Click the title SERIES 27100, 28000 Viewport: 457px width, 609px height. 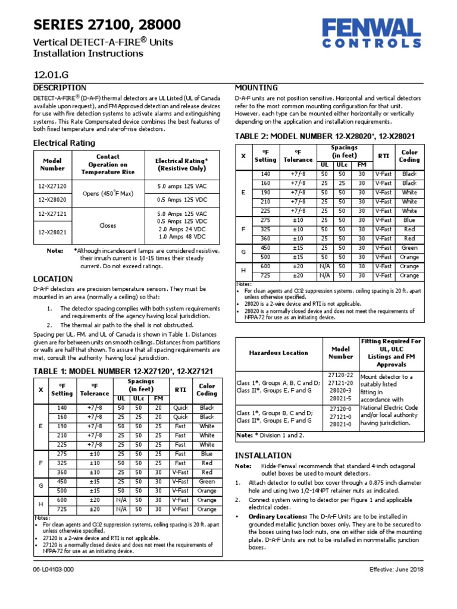coord(107,24)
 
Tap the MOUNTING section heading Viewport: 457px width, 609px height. coord(256,87)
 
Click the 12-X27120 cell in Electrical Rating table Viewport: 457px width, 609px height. coord(53,186)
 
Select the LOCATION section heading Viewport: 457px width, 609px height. coord(53,278)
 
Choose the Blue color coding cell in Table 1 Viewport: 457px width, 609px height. coord(206,453)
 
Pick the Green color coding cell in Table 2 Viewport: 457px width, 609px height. coord(409,248)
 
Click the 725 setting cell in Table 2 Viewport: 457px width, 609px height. coord(265,276)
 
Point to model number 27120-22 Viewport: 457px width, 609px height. coord(341,375)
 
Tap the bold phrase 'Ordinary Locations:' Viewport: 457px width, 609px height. coord(277,516)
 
